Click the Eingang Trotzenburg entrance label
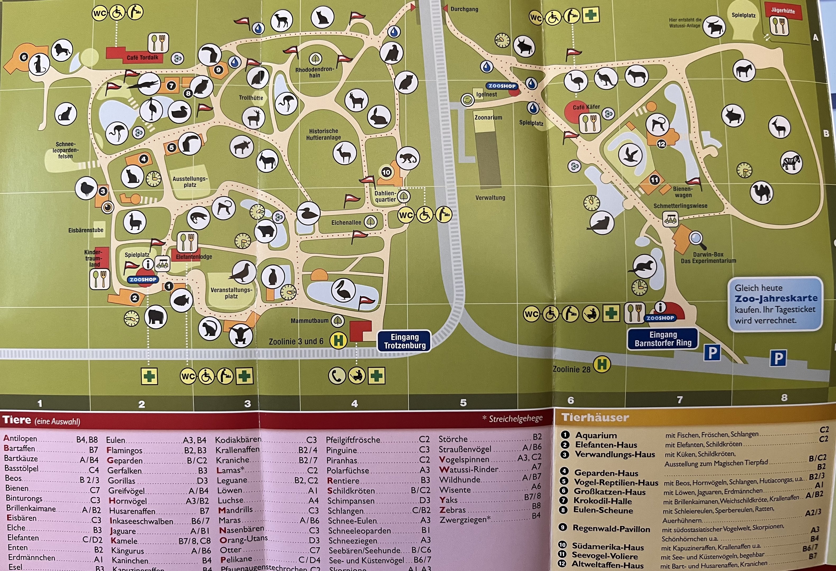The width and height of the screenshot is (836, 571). (404, 341)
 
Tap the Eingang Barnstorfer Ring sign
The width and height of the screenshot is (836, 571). (663, 339)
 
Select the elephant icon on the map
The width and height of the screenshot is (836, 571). (156, 317)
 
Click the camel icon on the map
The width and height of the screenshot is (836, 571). (761, 192)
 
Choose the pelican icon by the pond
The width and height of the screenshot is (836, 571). (344, 290)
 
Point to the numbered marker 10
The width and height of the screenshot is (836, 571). (386, 172)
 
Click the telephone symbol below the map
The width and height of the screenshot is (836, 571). (337, 376)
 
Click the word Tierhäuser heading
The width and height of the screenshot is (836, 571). (595, 417)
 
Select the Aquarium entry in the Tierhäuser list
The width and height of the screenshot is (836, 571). (596, 435)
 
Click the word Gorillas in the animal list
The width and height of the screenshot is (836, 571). (122, 481)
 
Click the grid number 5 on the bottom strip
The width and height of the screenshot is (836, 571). (463, 403)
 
